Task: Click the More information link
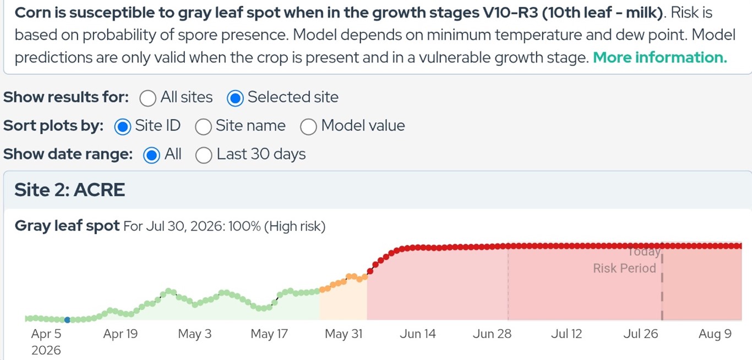[660, 57]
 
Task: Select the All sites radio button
[148, 98]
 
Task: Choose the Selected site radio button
[235, 98]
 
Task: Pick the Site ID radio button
[123, 127]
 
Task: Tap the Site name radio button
[203, 127]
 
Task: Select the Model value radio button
[308, 127]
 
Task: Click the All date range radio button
[151, 155]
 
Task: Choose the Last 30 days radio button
[204, 155]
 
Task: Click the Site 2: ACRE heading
[70, 190]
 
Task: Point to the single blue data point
[67, 320]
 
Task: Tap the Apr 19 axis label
[121, 334]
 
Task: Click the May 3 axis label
[195, 334]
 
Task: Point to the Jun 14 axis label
[418, 334]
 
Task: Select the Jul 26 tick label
[641, 334]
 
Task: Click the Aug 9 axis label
[715, 334]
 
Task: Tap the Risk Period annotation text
[624, 268]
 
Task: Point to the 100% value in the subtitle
[244, 226]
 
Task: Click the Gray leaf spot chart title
[67, 226]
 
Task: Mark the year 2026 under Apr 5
[46, 350]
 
